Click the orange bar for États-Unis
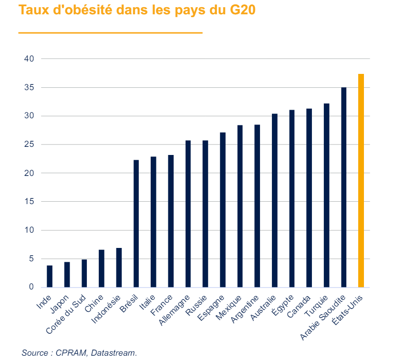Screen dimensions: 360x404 coord(361,181)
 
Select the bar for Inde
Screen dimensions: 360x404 coord(50,276)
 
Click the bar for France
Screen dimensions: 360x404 coord(171,221)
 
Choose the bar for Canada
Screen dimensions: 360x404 coord(309,198)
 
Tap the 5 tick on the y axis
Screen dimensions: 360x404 coord(30,259)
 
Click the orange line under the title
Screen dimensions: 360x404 coord(110,33)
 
